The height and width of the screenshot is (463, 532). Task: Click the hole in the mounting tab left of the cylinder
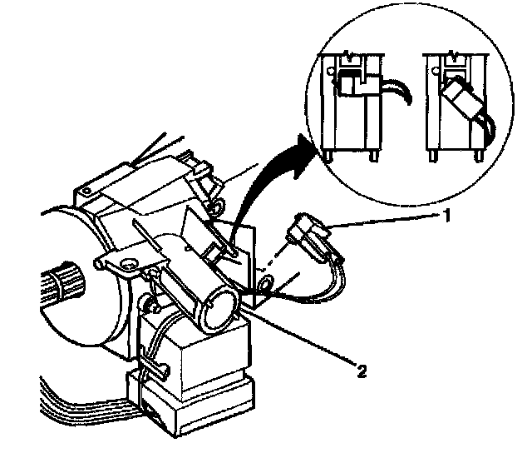(129, 265)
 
